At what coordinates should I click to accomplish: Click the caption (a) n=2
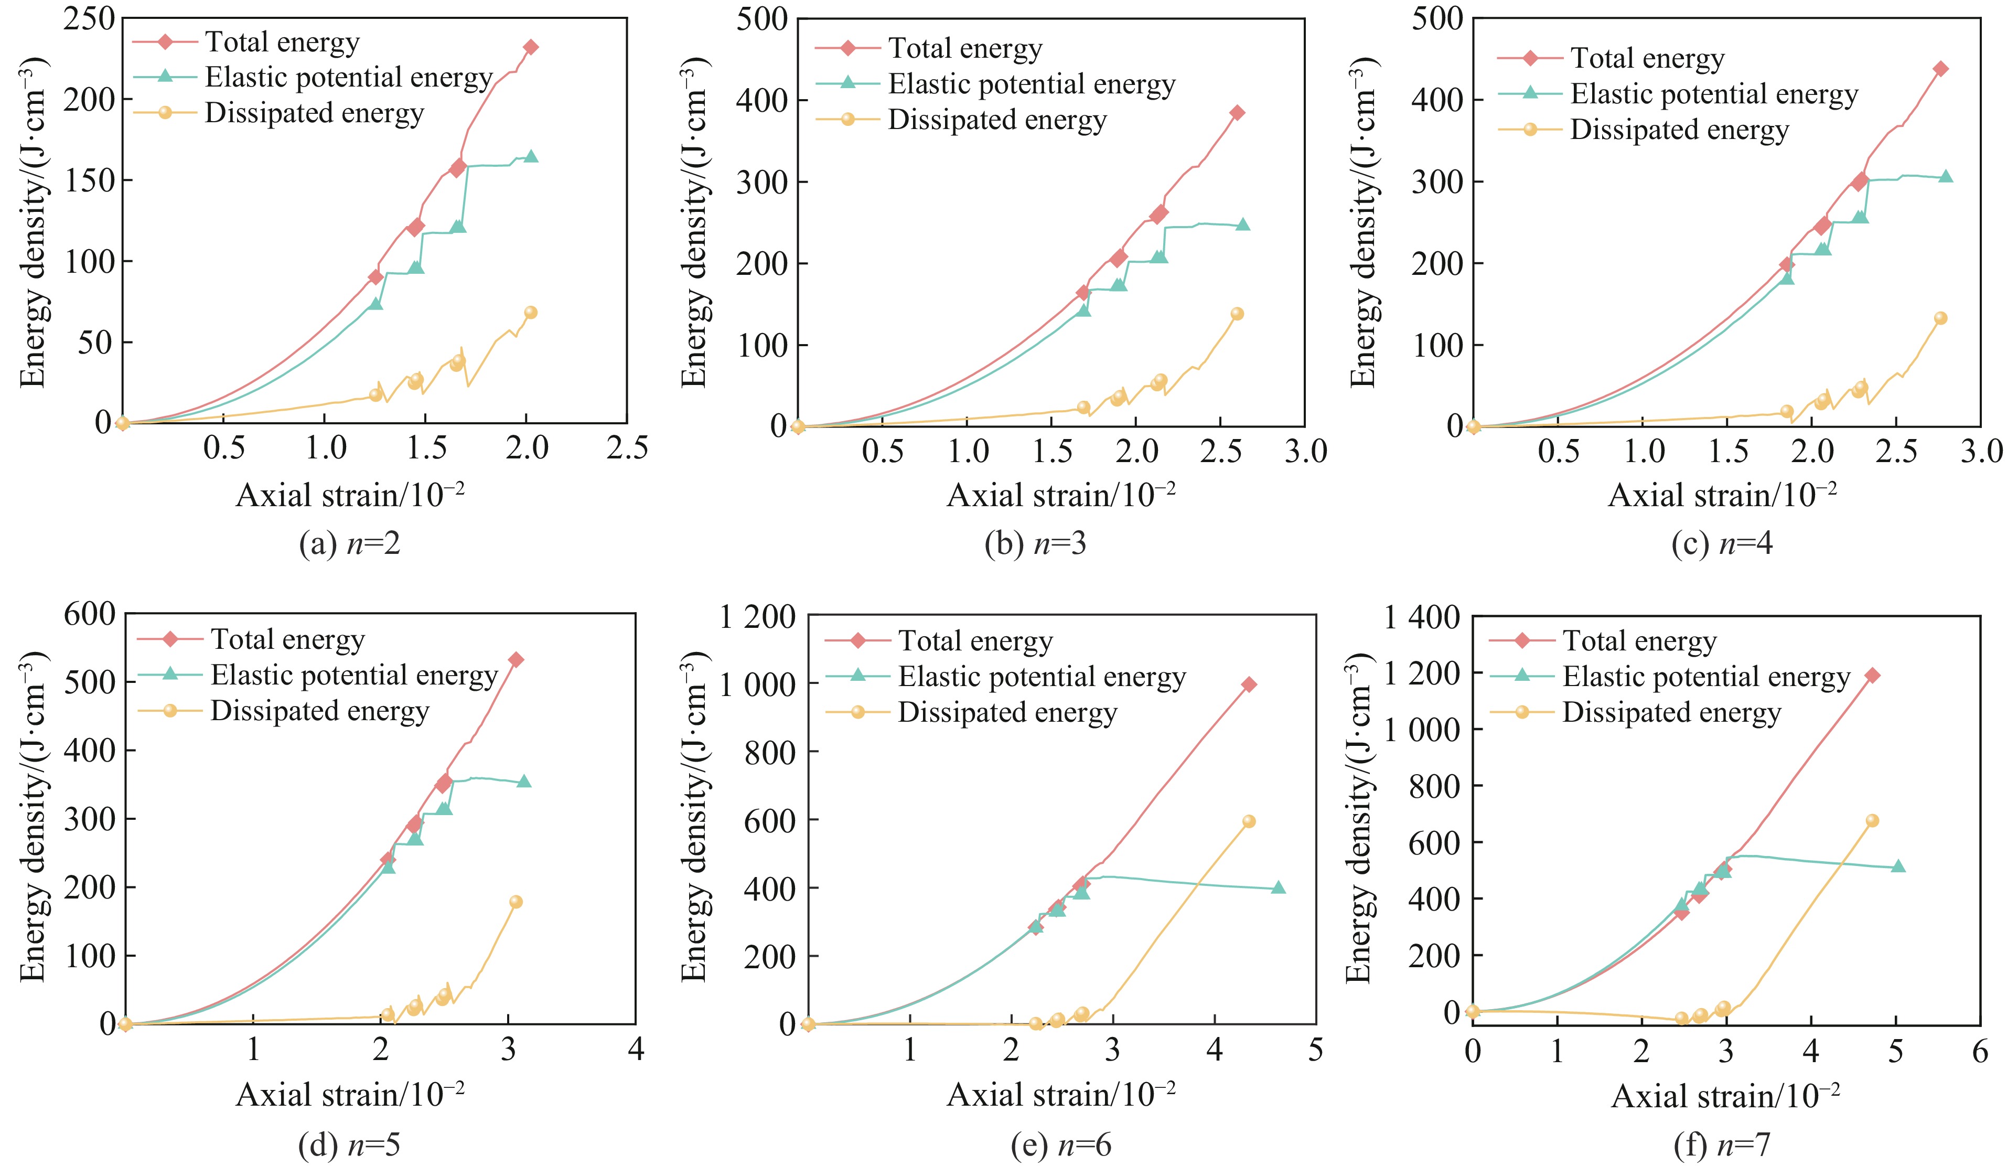pyautogui.click(x=349, y=544)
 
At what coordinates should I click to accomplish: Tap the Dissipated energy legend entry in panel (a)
pyautogui.click(x=314, y=113)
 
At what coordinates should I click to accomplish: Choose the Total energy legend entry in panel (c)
pyautogui.click(x=1647, y=58)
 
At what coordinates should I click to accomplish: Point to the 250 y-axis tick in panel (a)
pyautogui.click(x=89, y=18)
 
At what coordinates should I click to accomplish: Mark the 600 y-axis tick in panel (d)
pyautogui.click(x=89, y=614)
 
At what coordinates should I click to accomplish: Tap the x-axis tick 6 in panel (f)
pyautogui.click(x=1980, y=1051)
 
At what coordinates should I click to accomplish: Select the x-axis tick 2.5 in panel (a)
pyautogui.click(x=627, y=448)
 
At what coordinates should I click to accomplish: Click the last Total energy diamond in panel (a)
pyautogui.click(x=530, y=47)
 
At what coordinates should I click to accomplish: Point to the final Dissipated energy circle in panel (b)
pyautogui.click(x=1237, y=314)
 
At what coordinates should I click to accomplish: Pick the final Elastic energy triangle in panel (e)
pyautogui.click(x=1278, y=887)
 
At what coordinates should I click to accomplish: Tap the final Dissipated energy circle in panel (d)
pyautogui.click(x=516, y=902)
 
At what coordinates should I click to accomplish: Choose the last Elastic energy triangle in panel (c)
pyautogui.click(x=1946, y=176)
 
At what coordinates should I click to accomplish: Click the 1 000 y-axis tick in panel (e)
pyautogui.click(x=757, y=684)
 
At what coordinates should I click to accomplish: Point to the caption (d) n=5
pyautogui.click(x=349, y=1144)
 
